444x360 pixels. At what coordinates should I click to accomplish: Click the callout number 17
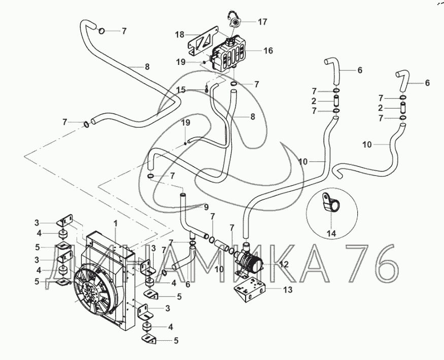[x=262, y=22]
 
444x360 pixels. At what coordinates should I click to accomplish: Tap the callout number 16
[x=268, y=51]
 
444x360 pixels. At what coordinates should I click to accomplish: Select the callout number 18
[x=180, y=34]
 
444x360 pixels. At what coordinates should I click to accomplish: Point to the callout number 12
[x=284, y=264]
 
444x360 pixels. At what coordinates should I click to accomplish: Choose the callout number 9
[x=206, y=206]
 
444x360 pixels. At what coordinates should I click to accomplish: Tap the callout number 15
[x=181, y=90]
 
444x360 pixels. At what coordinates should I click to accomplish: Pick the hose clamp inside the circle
[x=330, y=205]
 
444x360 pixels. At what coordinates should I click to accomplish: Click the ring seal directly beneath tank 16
[x=233, y=83]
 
